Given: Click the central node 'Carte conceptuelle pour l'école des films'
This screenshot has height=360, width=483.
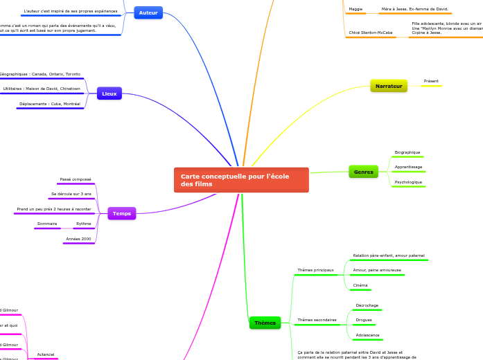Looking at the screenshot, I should [240, 180].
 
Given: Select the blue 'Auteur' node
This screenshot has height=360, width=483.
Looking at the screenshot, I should [148, 12].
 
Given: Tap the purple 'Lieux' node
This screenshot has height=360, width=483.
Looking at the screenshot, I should [109, 93].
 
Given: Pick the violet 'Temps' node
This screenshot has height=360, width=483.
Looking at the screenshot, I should [122, 213].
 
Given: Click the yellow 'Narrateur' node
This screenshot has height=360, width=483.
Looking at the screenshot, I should [389, 86].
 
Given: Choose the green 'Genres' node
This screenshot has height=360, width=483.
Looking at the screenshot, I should [364, 172].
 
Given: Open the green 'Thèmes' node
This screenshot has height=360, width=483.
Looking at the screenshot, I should [265, 323].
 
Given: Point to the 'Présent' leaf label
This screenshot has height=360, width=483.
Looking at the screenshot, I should [431, 81].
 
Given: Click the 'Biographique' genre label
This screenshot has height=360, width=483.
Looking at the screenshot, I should [407, 152].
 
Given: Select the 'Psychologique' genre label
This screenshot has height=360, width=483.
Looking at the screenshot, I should [408, 182].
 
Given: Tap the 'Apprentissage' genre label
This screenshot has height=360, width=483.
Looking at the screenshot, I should [408, 167].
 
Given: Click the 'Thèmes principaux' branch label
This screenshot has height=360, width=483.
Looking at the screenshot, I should [315, 270].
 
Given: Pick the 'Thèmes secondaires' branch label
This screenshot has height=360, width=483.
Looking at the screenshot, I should [317, 320].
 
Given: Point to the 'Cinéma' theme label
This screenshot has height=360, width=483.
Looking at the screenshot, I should [360, 285].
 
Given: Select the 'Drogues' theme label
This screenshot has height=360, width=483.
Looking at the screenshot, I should [364, 320].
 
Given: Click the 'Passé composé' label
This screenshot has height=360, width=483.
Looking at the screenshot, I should [76, 179].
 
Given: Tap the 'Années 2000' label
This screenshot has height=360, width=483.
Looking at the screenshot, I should [78, 239].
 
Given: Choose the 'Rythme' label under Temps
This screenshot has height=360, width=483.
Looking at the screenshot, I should [84, 224].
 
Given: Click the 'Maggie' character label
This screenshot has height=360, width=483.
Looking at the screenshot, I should [355, 9].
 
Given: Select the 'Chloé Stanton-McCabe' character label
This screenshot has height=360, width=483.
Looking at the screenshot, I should [371, 33].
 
